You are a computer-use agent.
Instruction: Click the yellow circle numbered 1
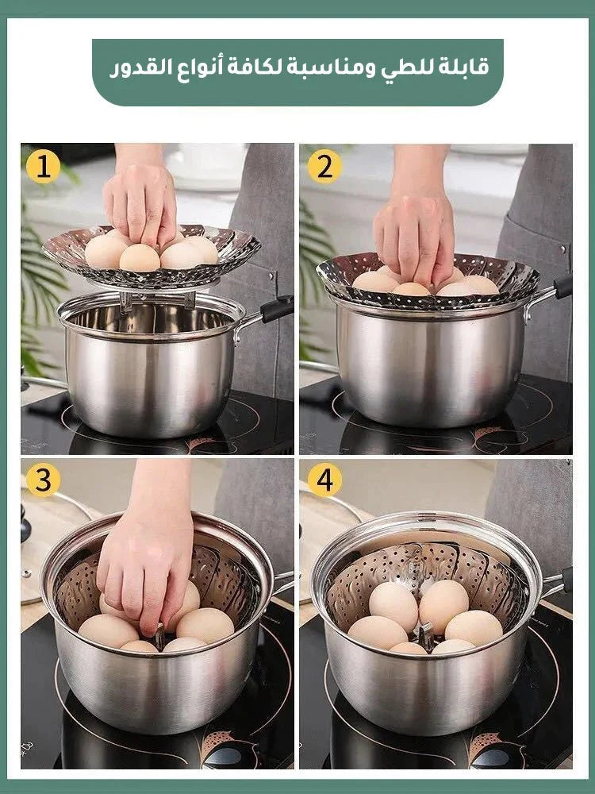point(43,167)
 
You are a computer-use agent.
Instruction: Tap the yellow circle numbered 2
point(324,167)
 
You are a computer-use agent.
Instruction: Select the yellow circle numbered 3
point(43,480)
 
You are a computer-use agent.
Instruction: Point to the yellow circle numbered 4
point(324,480)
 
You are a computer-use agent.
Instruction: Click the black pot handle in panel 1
point(277,309)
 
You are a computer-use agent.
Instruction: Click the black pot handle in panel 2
point(562,286)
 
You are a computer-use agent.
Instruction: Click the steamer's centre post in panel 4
point(424,636)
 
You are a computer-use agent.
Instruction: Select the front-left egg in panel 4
point(378,633)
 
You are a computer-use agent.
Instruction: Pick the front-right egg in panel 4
point(474,628)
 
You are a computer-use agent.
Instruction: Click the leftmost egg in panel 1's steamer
point(105,251)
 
